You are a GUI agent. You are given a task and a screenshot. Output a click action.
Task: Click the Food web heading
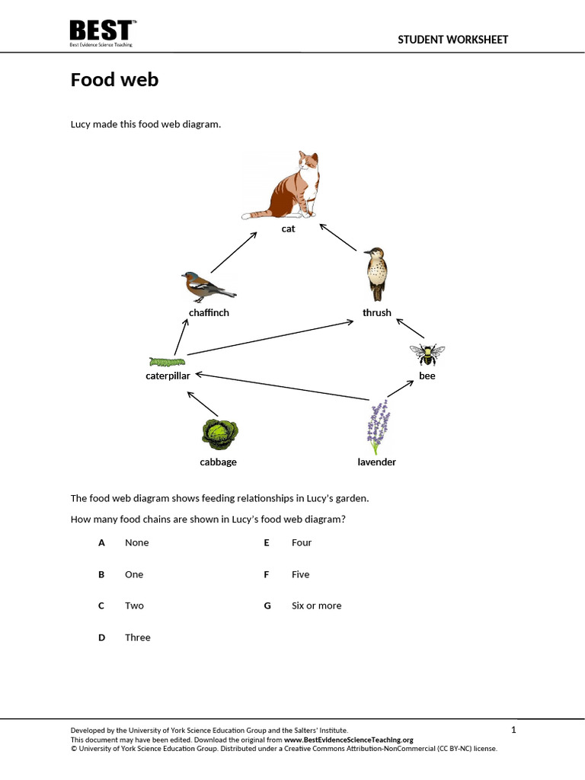pyautogui.click(x=114, y=79)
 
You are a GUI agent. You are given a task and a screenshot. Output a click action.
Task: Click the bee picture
pyautogui.click(x=427, y=353)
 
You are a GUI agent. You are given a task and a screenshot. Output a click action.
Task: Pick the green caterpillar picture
pyautogui.click(x=166, y=361)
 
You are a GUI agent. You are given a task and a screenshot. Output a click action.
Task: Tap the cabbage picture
pyautogui.click(x=219, y=433)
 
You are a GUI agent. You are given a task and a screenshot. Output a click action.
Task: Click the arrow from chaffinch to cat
pyautogui.click(x=233, y=252)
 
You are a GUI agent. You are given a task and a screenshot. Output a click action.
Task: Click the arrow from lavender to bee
pyautogui.click(x=400, y=387)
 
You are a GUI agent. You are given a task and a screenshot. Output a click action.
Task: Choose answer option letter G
pyautogui.click(x=267, y=606)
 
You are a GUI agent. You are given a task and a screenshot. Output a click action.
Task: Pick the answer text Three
pyautogui.click(x=138, y=638)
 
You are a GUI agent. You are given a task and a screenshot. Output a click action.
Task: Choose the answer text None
pyautogui.click(x=137, y=542)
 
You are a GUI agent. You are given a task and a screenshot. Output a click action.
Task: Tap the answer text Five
pyautogui.click(x=300, y=574)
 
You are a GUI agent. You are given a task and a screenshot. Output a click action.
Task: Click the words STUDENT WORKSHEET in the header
pyautogui.click(x=452, y=40)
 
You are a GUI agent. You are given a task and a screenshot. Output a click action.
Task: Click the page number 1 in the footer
pyautogui.click(x=513, y=730)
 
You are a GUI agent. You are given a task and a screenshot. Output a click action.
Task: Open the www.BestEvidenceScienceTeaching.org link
pyautogui.click(x=348, y=740)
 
